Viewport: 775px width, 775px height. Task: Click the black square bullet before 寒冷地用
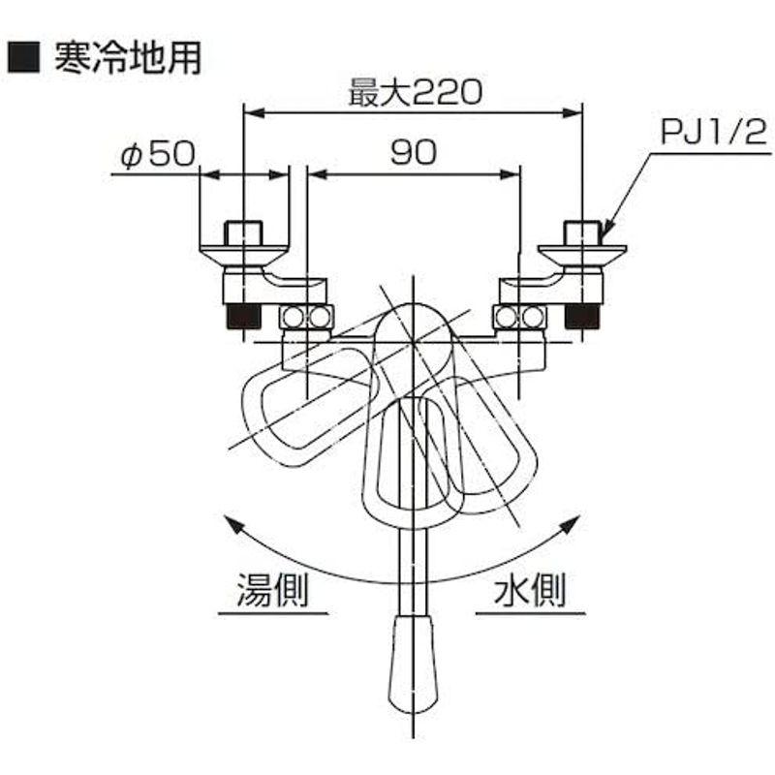click(23, 57)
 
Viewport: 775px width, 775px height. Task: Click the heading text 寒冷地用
click(128, 57)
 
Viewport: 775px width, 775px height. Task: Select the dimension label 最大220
click(415, 92)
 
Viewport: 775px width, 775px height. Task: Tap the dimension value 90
click(414, 152)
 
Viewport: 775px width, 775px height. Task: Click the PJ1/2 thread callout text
click(714, 132)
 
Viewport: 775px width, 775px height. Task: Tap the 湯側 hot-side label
click(273, 589)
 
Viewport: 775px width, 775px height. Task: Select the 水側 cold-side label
click(530, 589)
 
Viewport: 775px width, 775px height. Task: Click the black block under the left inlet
click(243, 317)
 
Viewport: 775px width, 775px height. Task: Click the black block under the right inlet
click(582, 317)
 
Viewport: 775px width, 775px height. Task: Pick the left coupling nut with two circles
click(306, 318)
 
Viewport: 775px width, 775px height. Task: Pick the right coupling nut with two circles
click(520, 318)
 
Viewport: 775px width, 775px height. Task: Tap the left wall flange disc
click(243, 255)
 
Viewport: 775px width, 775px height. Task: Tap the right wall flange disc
click(582, 255)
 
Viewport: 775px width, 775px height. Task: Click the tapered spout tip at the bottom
click(413, 665)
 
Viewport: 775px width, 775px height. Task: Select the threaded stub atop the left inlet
click(243, 233)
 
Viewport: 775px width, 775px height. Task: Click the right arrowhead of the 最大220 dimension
click(573, 113)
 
